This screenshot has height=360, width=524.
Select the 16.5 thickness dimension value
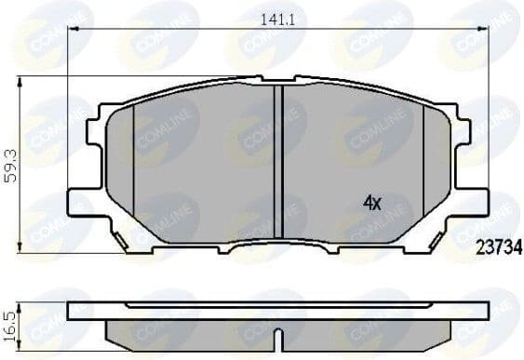(12, 321)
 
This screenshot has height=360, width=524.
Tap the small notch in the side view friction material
(277, 331)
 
